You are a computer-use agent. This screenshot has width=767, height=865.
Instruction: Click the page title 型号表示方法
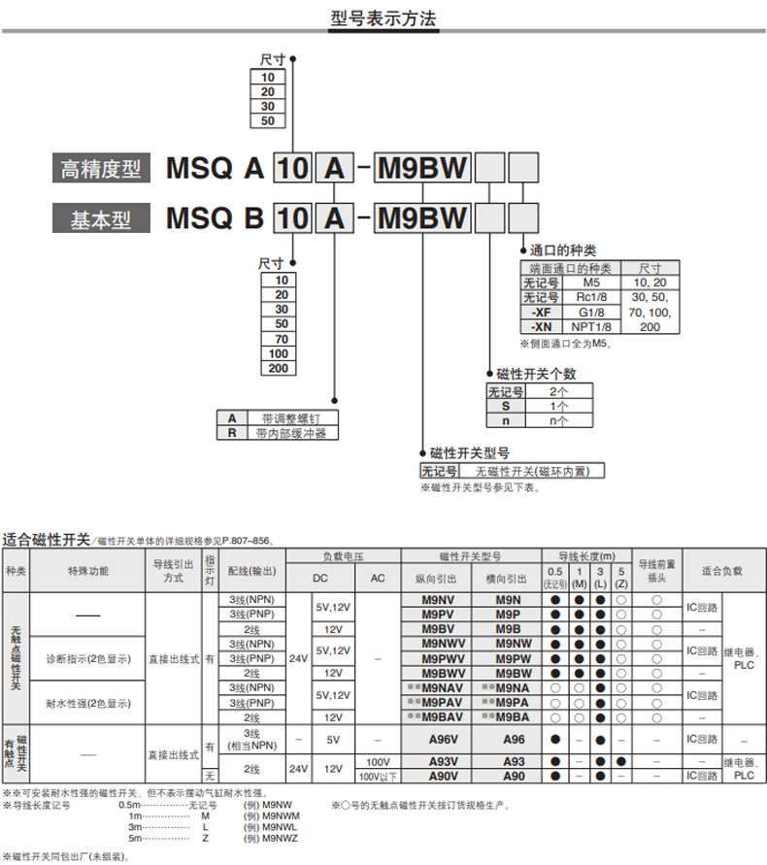(x=383, y=18)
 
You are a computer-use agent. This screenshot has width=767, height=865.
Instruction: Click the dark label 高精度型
(x=101, y=169)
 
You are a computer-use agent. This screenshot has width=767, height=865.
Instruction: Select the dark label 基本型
(x=101, y=217)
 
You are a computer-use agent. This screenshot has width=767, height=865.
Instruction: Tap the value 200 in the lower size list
(x=282, y=368)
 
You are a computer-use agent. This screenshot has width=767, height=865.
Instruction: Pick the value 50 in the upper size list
(x=268, y=121)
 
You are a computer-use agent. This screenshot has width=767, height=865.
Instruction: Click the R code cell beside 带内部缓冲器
(x=231, y=433)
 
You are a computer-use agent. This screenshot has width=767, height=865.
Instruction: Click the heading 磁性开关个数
(x=536, y=374)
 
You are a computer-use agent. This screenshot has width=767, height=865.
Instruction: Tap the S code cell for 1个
(x=505, y=407)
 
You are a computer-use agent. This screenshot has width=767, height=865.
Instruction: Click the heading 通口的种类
(x=563, y=250)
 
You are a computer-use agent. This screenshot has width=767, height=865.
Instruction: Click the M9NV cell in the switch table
(x=439, y=600)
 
